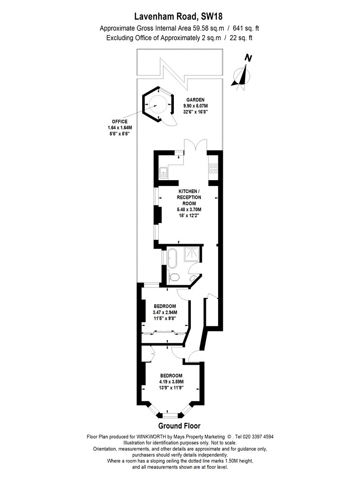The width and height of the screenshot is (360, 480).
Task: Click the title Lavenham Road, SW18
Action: pyautogui.click(x=179, y=16)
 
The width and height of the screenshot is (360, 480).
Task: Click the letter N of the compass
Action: pyautogui.click(x=248, y=58)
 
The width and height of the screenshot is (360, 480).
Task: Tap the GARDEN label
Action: pyautogui.click(x=195, y=100)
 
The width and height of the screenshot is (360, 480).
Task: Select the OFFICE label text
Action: pyautogui.click(x=119, y=122)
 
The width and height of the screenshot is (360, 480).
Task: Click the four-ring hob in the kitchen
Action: pyautogui.click(x=213, y=168)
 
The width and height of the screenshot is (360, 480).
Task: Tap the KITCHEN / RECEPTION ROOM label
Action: pyautogui.click(x=189, y=197)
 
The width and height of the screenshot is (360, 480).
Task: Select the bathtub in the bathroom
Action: pyautogui.click(x=172, y=259)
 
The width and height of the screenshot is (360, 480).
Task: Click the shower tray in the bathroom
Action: pyautogui.click(x=193, y=254)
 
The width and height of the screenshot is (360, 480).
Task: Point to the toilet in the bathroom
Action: pyautogui.click(x=174, y=277)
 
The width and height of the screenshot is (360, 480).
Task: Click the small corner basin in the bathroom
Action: pyautogui.click(x=193, y=277)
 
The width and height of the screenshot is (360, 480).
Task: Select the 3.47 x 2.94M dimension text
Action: pyautogui.click(x=165, y=313)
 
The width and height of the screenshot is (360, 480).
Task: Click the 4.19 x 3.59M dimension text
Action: pyautogui.click(x=171, y=382)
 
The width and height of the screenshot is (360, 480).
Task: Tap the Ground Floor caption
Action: pyautogui.click(x=179, y=426)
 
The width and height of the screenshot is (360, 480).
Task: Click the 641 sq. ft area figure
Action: pyautogui.click(x=246, y=28)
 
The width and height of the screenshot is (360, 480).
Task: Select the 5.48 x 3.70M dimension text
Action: pyautogui.click(x=189, y=210)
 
